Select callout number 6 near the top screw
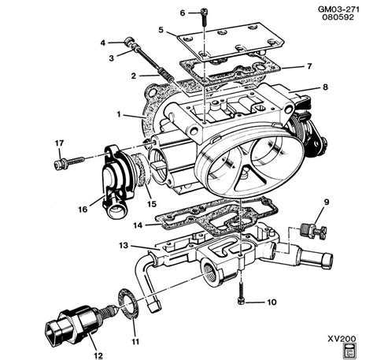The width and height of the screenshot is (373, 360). coord(182,13)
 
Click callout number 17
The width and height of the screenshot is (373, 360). coord(58,143)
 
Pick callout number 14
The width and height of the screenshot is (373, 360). coord(116,225)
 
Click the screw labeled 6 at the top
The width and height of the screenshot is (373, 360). coord(204,13)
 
